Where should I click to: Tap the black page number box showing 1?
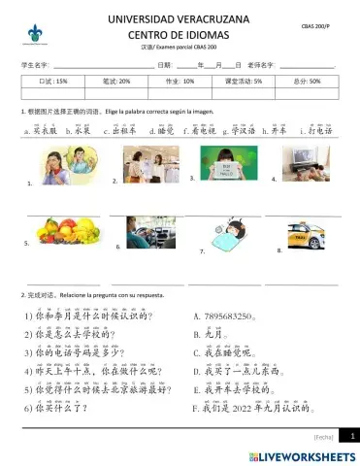(x=352, y=437)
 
